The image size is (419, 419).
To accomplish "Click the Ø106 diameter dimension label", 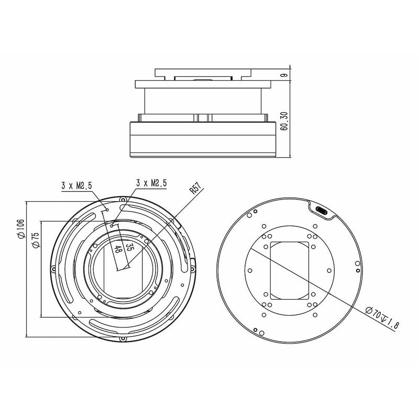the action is tap(20, 229).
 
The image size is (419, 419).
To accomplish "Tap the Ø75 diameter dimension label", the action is tap(35, 240).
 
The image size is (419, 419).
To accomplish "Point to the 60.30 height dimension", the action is tap(284, 121).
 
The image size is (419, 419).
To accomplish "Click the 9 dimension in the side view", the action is tap(284, 75).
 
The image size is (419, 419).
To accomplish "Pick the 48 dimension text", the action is tap(117, 250).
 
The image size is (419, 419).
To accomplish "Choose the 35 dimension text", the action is tap(129, 246).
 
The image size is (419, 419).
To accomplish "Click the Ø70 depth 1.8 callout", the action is tap(382, 318).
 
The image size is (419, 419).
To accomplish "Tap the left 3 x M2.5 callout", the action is tap(76, 185).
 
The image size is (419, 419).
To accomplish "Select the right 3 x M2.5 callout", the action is tap(151, 183).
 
